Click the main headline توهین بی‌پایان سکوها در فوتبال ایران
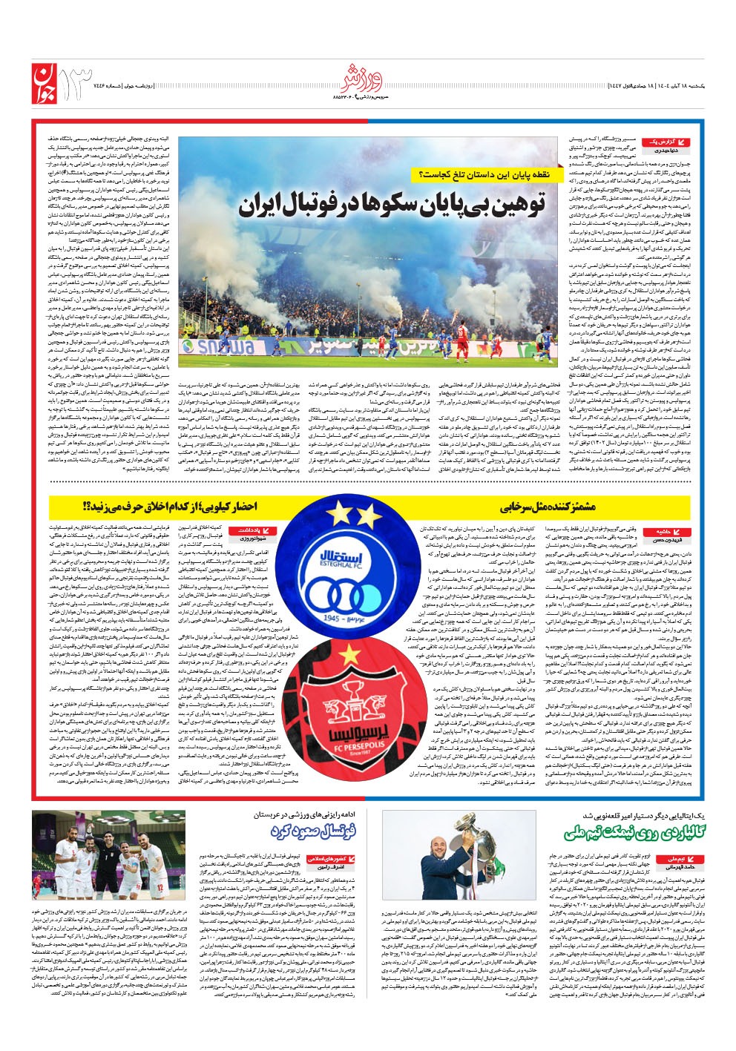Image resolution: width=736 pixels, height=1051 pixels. point(392,205)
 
